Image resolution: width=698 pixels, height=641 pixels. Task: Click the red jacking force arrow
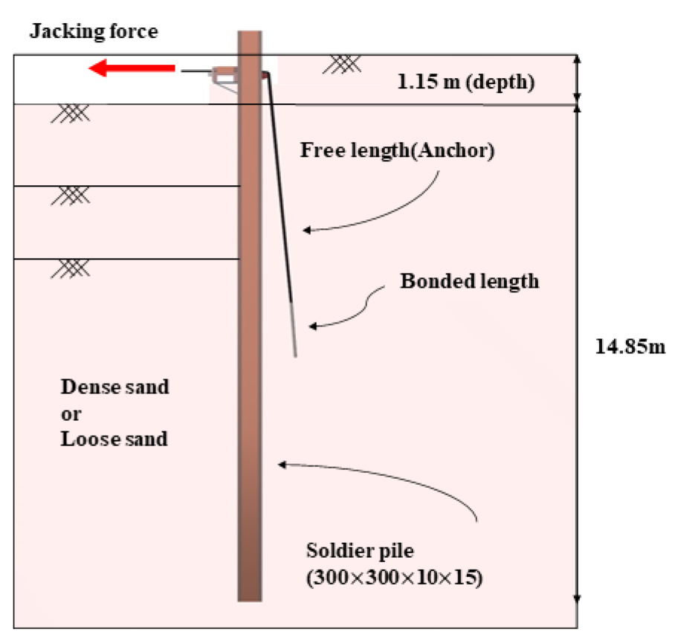point(132,68)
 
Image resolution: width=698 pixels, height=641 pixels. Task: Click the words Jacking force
point(94,31)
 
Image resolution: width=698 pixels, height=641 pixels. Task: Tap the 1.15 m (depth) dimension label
point(465,82)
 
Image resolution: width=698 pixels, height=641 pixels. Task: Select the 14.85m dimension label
point(630,347)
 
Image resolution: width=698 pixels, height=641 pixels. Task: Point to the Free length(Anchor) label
point(397,150)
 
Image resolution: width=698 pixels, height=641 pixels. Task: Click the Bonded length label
point(470,281)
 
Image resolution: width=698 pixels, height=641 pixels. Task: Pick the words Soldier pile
point(360,550)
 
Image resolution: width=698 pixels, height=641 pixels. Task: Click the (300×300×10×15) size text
point(395,577)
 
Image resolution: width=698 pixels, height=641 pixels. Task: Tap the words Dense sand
point(115,387)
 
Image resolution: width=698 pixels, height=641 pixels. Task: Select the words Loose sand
point(114,439)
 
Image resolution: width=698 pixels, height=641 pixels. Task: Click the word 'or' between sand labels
point(71,414)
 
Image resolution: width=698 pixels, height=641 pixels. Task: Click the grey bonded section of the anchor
point(294,329)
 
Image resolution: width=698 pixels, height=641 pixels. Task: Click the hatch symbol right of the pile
point(342,64)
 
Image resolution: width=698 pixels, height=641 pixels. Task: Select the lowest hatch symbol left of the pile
point(71,268)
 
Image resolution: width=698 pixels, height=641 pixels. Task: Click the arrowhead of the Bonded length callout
point(312,326)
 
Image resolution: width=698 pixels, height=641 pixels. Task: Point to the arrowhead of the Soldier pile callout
point(282,465)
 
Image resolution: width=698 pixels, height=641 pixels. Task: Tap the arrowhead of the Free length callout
point(306,231)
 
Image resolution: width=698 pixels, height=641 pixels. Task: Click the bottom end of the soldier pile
point(250,601)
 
